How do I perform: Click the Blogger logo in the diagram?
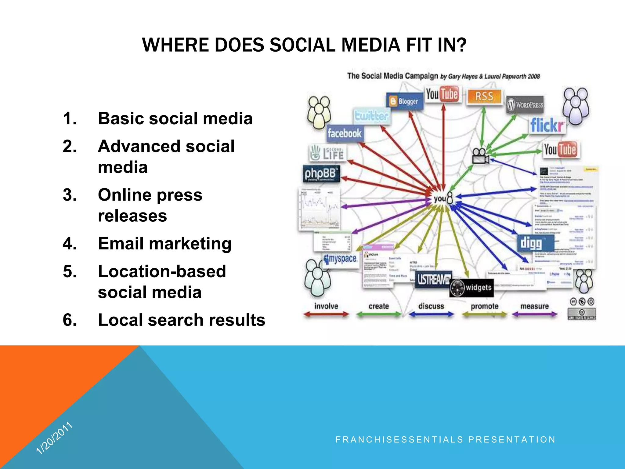click(x=405, y=101)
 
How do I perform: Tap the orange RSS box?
click(x=484, y=96)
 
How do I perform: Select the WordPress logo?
click(x=525, y=105)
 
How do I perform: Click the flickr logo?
click(x=547, y=125)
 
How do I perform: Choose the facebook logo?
click(x=345, y=133)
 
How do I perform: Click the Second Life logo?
click(x=327, y=153)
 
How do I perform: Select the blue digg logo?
click(x=531, y=243)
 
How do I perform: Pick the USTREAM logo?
click(x=434, y=279)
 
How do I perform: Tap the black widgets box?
click(x=472, y=288)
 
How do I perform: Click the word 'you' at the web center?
click(x=440, y=199)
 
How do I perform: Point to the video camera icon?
click(x=480, y=156)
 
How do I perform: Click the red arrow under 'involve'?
click(x=326, y=314)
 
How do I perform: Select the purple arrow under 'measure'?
click(x=534, y=314)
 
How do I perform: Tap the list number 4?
click(x=70, y=244)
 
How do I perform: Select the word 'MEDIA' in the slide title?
click(x=370, y=45)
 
